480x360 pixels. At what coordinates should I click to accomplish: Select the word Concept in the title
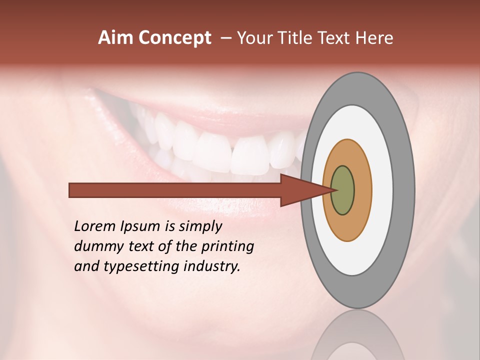click(175, 38)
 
